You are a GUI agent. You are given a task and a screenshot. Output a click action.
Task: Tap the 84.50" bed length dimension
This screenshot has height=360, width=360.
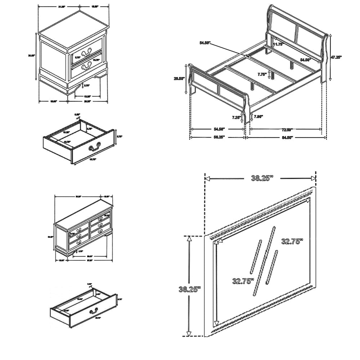(287, 137)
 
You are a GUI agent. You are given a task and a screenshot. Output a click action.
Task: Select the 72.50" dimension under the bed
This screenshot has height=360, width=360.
(287, 129)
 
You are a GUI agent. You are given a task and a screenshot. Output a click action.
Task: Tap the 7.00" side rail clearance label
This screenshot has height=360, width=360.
(258, 116)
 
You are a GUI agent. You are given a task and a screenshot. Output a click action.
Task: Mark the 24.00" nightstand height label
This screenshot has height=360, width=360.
(32, 55)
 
